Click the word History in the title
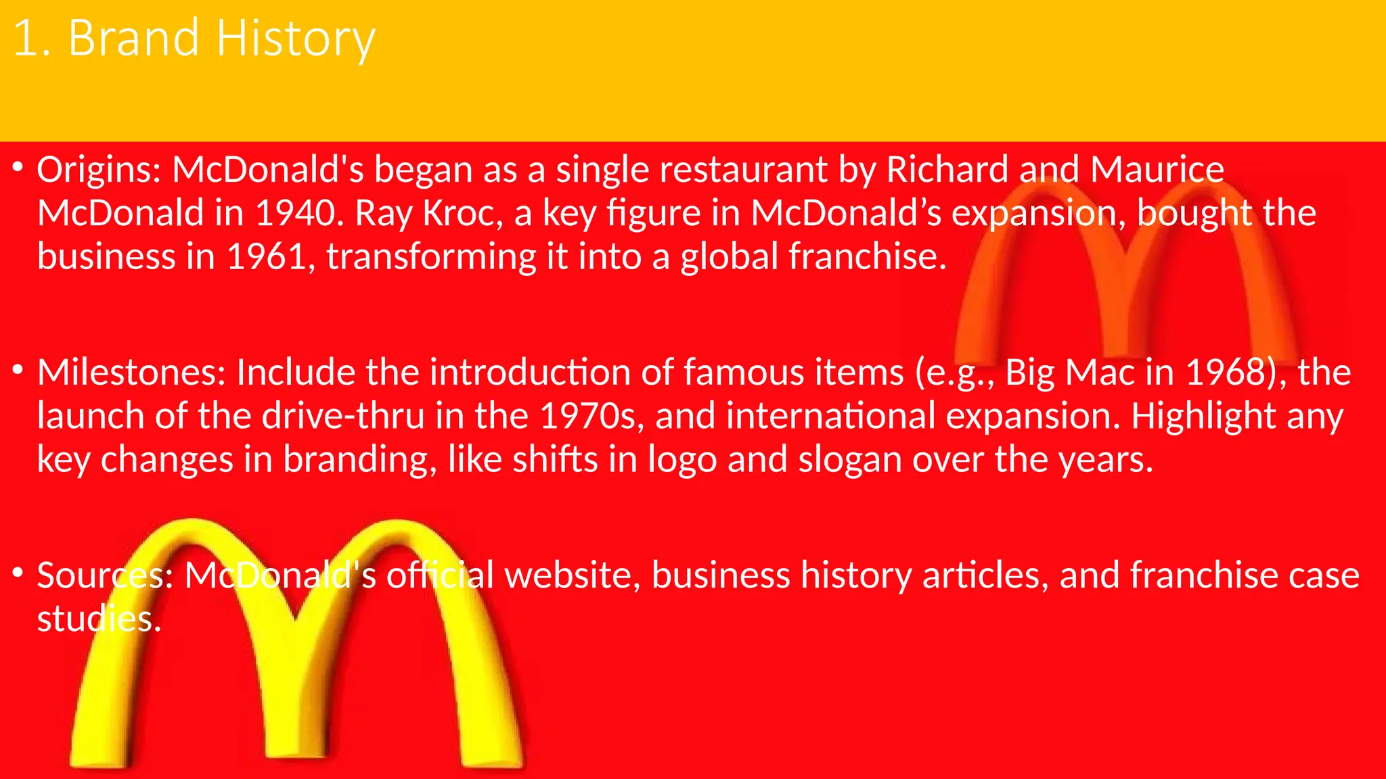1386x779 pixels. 295,39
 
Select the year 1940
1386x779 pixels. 295,213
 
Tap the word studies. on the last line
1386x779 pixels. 99,619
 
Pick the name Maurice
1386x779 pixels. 1157,170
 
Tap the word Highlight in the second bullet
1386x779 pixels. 1203,416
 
